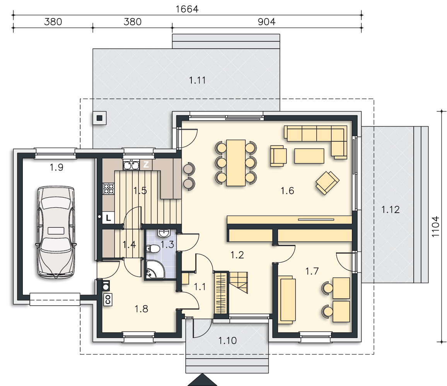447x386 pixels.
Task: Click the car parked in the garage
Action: tap(56, 232)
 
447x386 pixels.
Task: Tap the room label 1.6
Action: tap(287, 191)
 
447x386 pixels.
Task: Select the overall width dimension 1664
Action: tap(187, 9)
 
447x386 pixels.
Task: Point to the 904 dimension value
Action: tap(266, 22)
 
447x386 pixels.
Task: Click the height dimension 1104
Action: tap(435, 227)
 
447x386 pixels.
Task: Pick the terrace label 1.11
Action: tap(197, 80)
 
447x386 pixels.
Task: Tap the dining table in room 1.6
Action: tap(236, 163)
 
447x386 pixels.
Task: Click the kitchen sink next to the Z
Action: tap(131, 164)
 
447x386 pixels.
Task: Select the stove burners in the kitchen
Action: tap(108, 189)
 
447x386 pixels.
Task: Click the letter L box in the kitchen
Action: tap(108, 218)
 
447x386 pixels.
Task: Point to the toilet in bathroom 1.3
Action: tap(153, 249)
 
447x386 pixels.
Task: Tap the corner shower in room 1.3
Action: tap(155, 269)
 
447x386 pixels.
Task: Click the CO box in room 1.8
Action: tap(108, 300)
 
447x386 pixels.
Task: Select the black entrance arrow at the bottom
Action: tap(202, 380)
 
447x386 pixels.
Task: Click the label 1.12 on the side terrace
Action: tap(390, 210)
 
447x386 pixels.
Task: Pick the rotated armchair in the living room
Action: tap(327, 183)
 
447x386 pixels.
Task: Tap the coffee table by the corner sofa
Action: tap(309, 156)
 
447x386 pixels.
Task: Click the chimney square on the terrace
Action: tap(99, 118)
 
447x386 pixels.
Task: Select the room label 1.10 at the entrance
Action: tap(227, 340)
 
